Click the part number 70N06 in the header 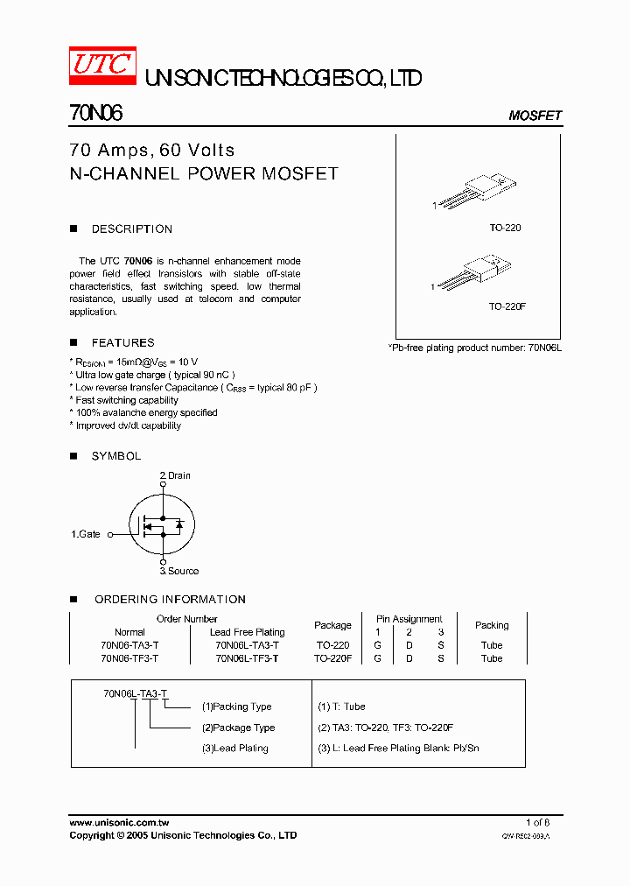click(95, 114)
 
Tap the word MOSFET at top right click(535, 116)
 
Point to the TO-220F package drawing click(473, 272)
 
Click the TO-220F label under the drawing click(507, 307)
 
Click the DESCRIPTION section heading click(132, 229)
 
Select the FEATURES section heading click(122, 343)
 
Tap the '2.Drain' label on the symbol click(175, 475)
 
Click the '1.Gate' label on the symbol click(86, 534)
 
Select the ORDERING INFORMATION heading click(170, 600)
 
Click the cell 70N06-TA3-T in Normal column click(129, 645)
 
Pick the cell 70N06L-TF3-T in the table click(247, 658)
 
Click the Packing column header click(492, 625)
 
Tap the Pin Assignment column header click(409, 619)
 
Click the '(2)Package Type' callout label click(238, 728)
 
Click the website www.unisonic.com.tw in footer click(119, 823)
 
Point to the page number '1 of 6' click(537, 823)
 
